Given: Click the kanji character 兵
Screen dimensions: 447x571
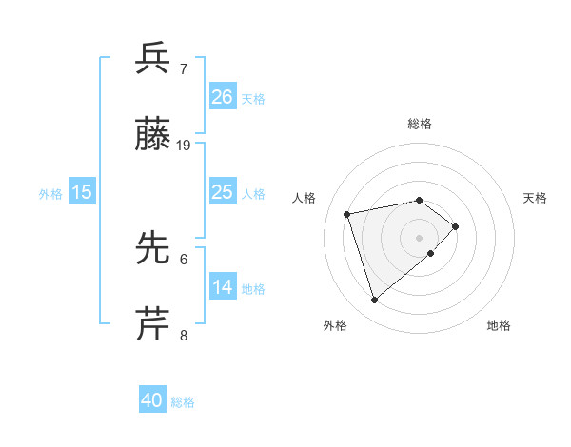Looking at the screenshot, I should tap(153, 58).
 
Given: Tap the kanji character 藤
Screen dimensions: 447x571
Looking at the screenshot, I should tap(153, 135).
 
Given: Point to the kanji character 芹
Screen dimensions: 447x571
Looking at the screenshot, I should tap(153, 323).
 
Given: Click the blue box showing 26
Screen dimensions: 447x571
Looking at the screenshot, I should tap(222, 96).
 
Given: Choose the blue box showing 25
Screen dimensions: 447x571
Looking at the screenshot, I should tap(222, 191).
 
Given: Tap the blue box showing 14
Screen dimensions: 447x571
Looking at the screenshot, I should tap(222, 286).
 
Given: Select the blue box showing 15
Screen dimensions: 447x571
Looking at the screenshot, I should tap(82, 191).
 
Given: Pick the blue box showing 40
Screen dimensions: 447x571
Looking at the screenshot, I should tap(152, 400).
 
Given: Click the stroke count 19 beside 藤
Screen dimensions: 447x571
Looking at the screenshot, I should tap(184, 146).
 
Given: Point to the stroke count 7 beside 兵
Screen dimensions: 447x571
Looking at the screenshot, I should tap(183, 69).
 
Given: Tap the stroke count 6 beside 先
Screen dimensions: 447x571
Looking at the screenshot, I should tap(183, 259).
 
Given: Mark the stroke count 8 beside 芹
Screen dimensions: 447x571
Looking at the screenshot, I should tap(183, 335).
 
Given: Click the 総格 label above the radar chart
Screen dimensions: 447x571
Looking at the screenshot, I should tap(420, 124).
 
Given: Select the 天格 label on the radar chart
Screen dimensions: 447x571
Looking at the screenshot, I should tap(535, 198).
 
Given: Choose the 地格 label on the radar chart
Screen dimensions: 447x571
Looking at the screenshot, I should tap(499, 325).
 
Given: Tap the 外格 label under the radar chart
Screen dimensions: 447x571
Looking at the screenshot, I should tap(335, 325).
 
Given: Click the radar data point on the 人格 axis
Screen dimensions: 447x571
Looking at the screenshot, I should tap(347, 213).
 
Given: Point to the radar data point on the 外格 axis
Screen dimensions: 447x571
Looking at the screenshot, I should tap(375, 300).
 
